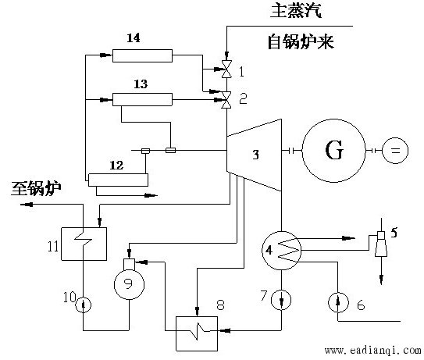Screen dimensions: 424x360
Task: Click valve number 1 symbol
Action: (x=226, y=70)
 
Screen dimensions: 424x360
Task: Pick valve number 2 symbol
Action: (x=226, y=100)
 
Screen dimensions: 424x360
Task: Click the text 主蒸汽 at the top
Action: (x=296, y=11)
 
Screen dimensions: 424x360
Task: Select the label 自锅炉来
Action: (x=301, y=42)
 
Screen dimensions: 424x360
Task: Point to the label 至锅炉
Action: (x=36, y=188)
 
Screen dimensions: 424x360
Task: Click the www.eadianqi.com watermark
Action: (x=372, y=351)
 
